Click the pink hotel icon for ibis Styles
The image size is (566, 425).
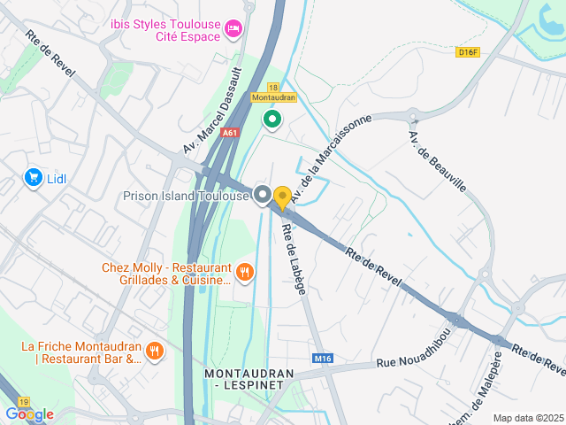click(x=233, y=29)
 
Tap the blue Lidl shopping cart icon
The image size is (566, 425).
click(x=34, y=178)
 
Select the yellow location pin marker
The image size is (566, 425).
click(x=282, y=197)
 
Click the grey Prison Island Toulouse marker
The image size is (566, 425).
click(x=262, y=195)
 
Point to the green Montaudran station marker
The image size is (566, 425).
click(x=272, y=118)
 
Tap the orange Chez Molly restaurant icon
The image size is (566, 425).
click(x=245, y=273)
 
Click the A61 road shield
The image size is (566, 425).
click(x=231, y=133)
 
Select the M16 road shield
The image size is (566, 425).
click(x=323, y=359)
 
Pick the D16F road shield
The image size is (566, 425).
click(x=468, y=52)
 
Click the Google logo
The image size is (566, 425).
click(x=29, y=414)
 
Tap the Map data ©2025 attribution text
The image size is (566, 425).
click(x=527, y=418)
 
